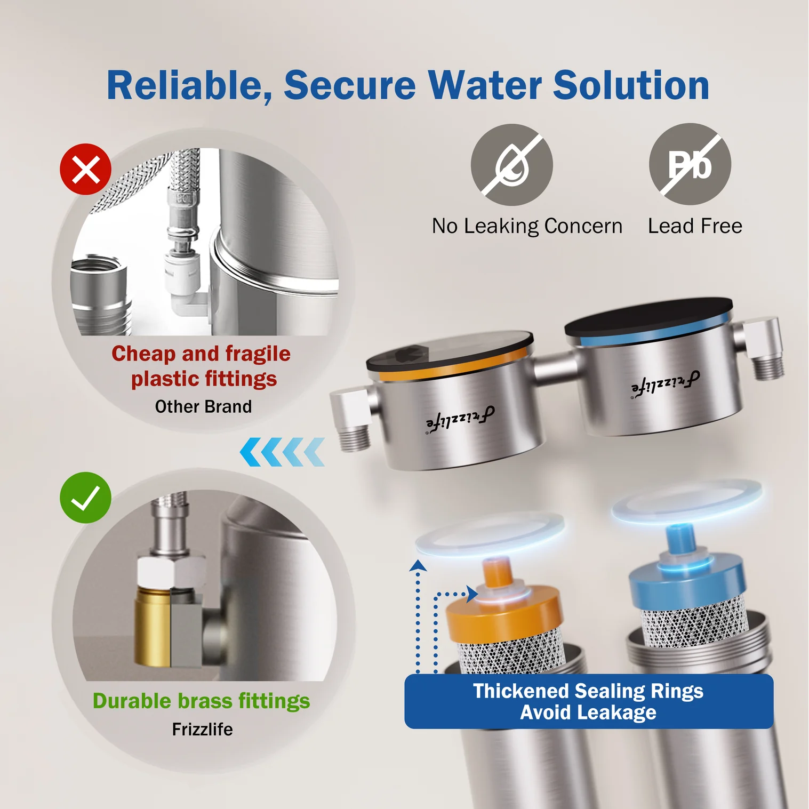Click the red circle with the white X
tap(85, 169)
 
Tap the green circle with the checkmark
tap(85, 498)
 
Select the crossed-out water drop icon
tap(511, 165)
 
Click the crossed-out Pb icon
tap(690, 164)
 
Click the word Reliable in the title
tap(189, 86)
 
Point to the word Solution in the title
tap(631, 85)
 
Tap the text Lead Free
tap(695, 226)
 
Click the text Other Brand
tap(203, 406)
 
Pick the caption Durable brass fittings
tap(201, 701)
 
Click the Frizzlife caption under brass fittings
tap(202, 729)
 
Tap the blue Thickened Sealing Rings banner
tap(589, 701)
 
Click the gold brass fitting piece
tap(153, 627)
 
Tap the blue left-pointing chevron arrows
tap(282, 452)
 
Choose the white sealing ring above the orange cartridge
tap(490, 533)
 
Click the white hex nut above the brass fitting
tap(171, 572)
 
